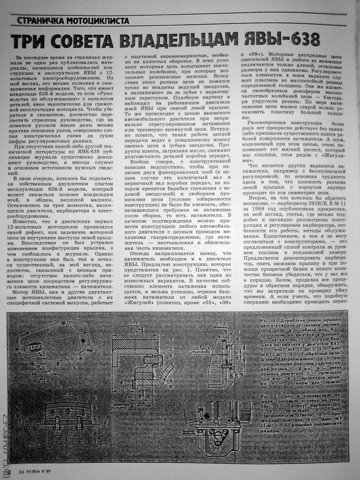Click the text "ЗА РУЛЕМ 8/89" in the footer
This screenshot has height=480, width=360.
point(35,471)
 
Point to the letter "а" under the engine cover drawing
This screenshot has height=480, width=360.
point(60,386)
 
